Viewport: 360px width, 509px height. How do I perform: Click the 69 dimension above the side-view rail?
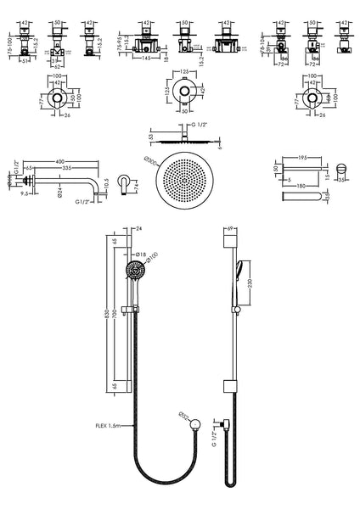point(230,229)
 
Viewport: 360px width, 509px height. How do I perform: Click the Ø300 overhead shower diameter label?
point(151,160)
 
